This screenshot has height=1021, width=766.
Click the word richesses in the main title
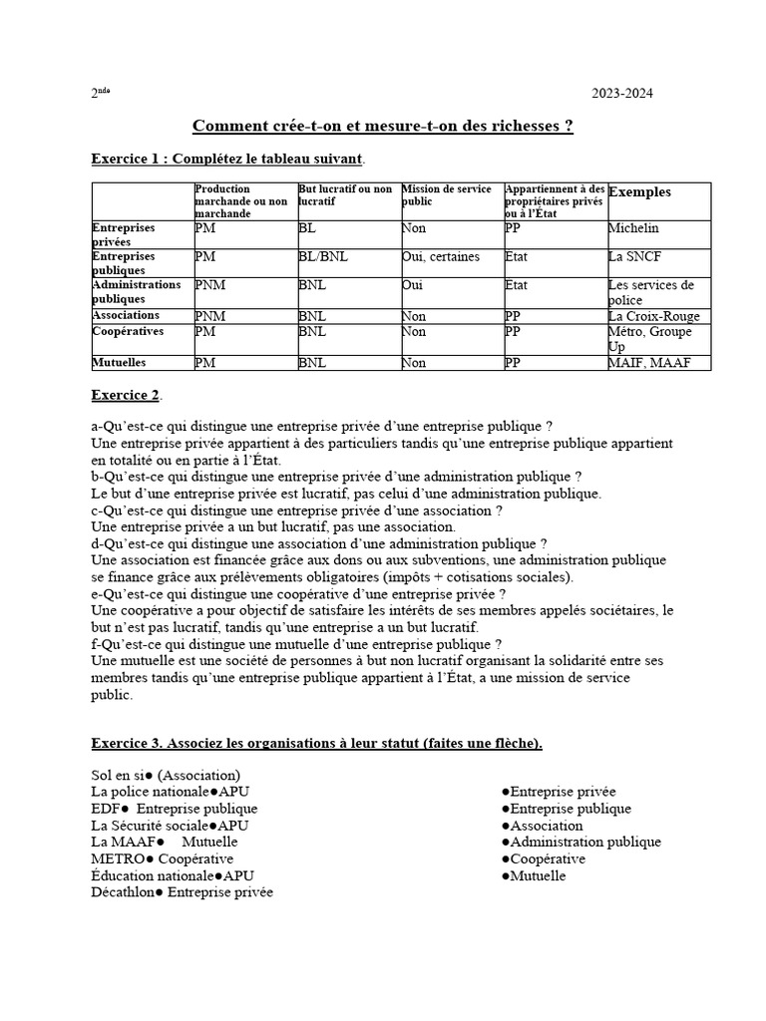527,127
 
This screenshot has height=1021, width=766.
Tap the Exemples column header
639,192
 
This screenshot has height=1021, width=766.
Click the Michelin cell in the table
633,228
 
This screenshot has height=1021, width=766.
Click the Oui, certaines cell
440,256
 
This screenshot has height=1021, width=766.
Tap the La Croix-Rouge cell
653,316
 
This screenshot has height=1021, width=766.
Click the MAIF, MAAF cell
647,363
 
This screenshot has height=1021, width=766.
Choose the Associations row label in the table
126,315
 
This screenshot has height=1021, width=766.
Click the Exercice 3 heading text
316,744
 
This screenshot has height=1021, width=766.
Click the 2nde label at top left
100,93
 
